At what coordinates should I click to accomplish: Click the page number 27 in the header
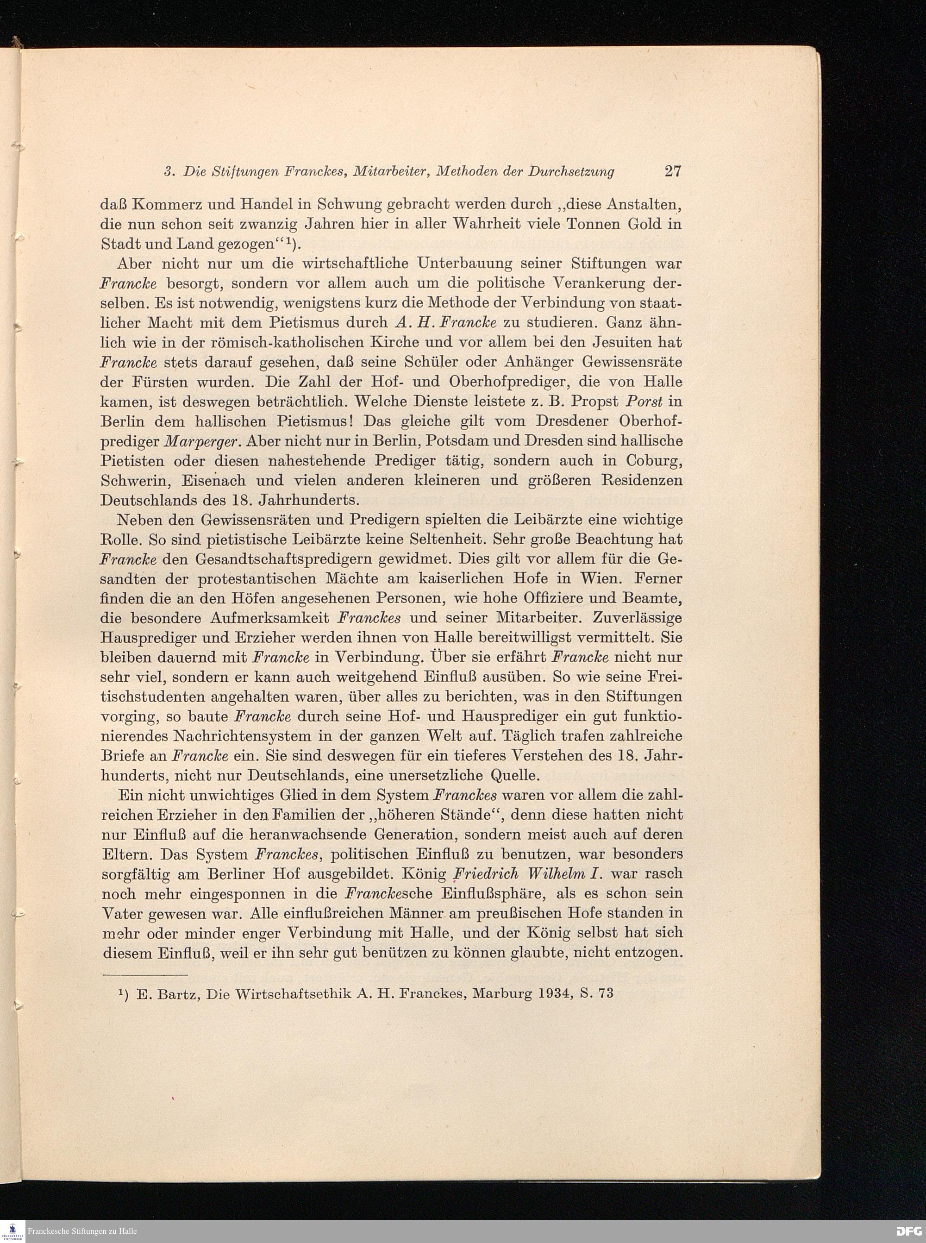point(673,171)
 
